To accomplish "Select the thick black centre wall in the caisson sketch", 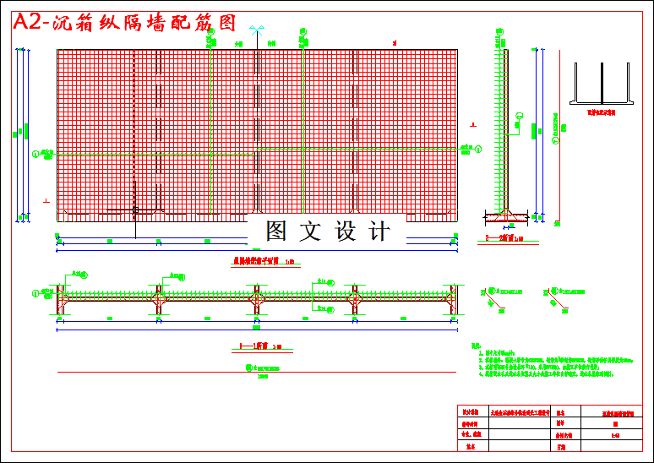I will coord(601,82).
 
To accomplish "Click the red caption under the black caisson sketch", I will coord(600,111).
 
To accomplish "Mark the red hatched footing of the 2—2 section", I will coord(507,218).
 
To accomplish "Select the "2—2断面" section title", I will coord(504,239).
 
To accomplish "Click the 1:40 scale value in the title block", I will coord(614,435).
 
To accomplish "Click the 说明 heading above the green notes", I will coord(476,345).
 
